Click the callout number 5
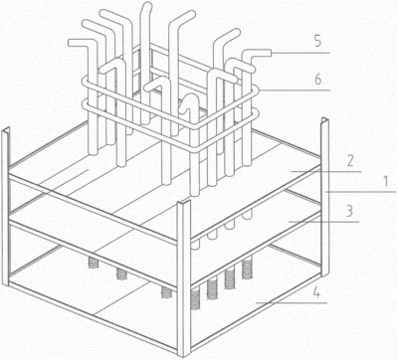tap(317, 42)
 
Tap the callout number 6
tap(318, 80)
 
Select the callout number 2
tap(349, 161)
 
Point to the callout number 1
tap(385, 182)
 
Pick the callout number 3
tap(349, 211)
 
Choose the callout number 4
tap(316, 292)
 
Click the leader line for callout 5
tap(300, 53)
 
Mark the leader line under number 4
tap(292, 302)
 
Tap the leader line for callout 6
tap(295, 90)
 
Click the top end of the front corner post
tap(184, 202)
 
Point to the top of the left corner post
tap(5, 129)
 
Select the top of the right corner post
tap(324, 120)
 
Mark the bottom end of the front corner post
tap(184, 354)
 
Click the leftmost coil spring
tap(95, 264)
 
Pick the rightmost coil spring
tap(247, 269)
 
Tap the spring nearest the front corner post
tap(196, 299)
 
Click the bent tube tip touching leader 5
tap(269, 53)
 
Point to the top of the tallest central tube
tap(146, 5)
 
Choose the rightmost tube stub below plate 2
tap(247, 214)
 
